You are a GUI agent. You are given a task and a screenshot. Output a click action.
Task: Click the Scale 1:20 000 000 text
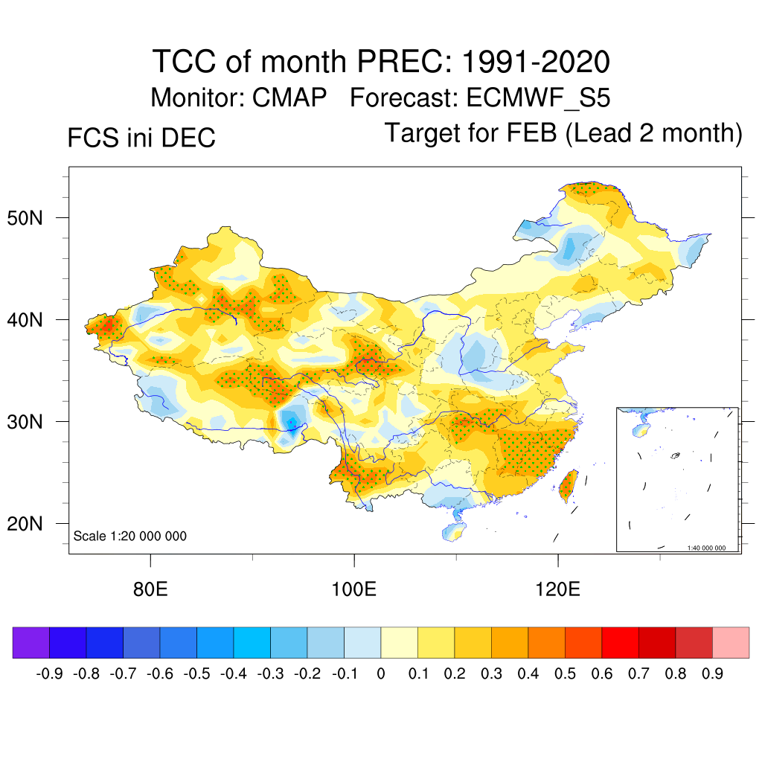(x=130, y=536)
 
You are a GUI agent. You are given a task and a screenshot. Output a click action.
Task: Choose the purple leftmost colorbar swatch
(x=31, y=642)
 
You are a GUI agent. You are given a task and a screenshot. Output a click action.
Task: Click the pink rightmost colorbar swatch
(x=731, y=642)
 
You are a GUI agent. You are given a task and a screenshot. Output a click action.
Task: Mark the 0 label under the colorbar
(x=381, y=674)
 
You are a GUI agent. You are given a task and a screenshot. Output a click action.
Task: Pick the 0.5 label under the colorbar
(x=565, y=674)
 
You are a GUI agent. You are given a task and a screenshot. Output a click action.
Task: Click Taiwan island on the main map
(x=568, y=484)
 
